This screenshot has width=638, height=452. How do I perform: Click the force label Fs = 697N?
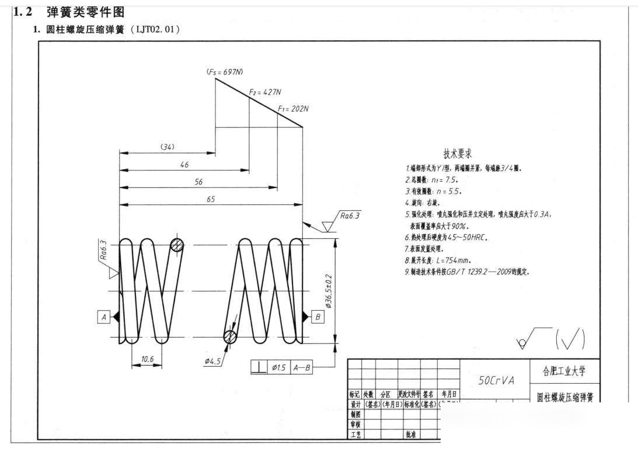[225, 72]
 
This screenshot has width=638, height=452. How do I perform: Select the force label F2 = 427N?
[265, 92]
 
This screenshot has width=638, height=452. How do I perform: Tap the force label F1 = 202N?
[293, 109]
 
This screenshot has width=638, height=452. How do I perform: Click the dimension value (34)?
[168, 147]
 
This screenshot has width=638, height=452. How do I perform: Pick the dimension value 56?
[198, 182]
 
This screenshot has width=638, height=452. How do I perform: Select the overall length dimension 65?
[211, 199]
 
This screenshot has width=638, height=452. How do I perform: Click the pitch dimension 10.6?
[147, 360]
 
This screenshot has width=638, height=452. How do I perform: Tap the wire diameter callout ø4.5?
[212, 361]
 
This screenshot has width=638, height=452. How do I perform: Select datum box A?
[104, 317]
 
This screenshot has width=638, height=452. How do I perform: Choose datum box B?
[318, 317]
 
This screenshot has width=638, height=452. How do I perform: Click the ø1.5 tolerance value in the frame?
[278, 367]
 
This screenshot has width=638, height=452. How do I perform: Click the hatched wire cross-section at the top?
[177, 245]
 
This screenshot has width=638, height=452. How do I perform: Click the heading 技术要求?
[458, 154]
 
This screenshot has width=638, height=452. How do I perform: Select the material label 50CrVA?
[496, 380]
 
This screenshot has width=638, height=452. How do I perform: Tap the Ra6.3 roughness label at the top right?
[350, 215]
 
